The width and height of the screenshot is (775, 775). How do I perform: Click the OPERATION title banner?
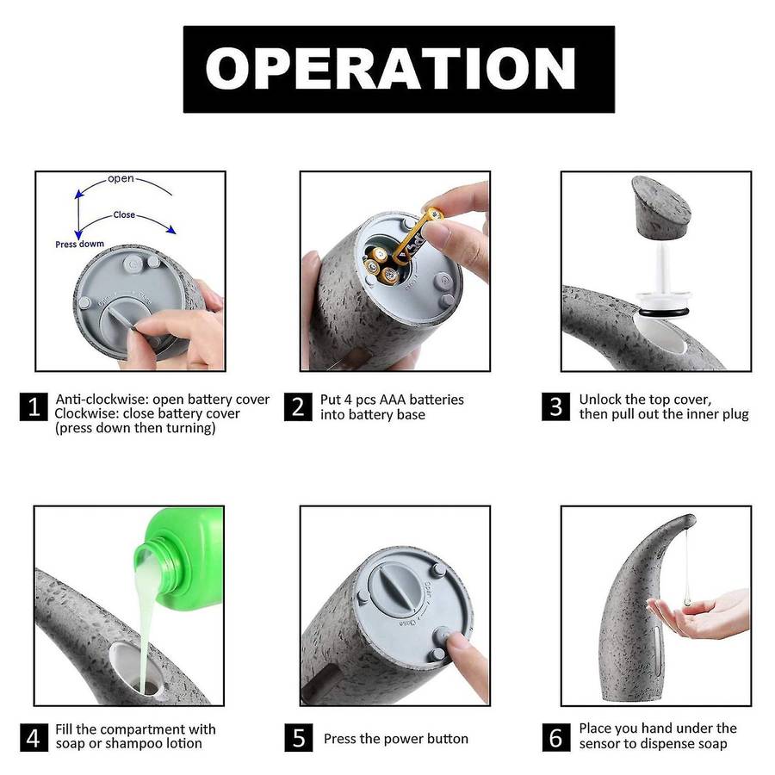[x=399, y=69]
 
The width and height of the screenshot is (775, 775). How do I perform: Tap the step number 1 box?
[x=34, y=406]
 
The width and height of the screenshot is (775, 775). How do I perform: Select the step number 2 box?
[x=298, y=406]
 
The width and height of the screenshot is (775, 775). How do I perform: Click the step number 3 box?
[x=556, y=406]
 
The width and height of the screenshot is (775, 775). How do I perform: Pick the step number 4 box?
[x=34, y=737]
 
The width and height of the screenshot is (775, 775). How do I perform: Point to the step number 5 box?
[x=299, y=737]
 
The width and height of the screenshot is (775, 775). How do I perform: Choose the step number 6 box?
[x=556, y=737]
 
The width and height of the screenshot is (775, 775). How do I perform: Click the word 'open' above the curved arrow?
[x=121, y=179]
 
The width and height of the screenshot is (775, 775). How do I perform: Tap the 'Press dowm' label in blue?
[x=79, y=245]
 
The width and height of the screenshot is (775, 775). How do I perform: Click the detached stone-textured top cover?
[x=660, y=206]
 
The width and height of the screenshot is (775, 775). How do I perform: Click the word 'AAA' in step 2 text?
[x=393, y=400]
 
